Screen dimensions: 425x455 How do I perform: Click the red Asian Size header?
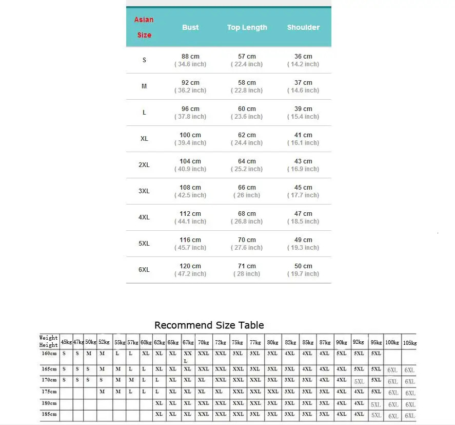click(144, 27)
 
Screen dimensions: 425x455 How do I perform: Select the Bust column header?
click(190, 27)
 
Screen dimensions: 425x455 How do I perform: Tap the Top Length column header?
click(247, 27)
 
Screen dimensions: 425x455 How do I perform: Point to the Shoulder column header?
click(303, 27)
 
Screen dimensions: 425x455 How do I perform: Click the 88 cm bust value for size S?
click(190, 57)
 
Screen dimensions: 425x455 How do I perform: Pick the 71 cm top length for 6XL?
click(247, 266)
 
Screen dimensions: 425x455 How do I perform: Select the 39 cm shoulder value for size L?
click(303, 109)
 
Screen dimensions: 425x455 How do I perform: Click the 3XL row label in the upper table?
click(144, 191)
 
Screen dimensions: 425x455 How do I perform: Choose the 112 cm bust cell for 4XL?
click(190, 214)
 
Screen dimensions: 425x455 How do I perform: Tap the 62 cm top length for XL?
click(247, 135)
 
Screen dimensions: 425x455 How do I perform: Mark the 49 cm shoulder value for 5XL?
click(303, 240)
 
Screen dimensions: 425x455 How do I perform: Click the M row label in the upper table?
click(144, 86)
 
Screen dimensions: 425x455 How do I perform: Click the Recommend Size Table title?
click(209, 325)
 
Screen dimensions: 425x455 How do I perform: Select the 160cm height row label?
click(49, 354)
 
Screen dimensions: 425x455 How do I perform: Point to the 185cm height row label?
click(49, 414)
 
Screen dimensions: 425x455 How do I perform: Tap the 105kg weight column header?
click(409, 342)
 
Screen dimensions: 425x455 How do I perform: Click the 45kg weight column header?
click(66, 342)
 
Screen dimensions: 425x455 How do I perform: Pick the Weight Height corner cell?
click(49, 342)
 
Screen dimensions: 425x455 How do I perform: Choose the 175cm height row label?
click(49, 392)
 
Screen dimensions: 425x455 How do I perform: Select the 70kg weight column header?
click(203, 342)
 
